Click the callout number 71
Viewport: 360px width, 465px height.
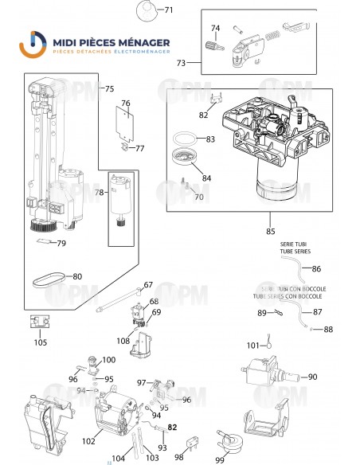pyautogui.click(x=167, y=10)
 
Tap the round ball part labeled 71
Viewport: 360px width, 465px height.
pyautogui.click(x=145, y=10)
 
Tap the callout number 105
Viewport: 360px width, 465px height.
pyautogui.click(x=41, y=342)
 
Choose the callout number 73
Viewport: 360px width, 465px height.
pyautogui.click(x=182, y=62)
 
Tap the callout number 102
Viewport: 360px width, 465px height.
pyautogui.click(x=89, y=440)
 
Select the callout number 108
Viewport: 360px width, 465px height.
pyautogui.click(x=123, y=341)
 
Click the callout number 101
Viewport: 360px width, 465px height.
pyautogui.click(x=253, y=346)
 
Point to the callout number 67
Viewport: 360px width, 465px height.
pyautogui.click(x=147, y=284)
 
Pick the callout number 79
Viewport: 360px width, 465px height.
pyautogui.click(x=61, y=243)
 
